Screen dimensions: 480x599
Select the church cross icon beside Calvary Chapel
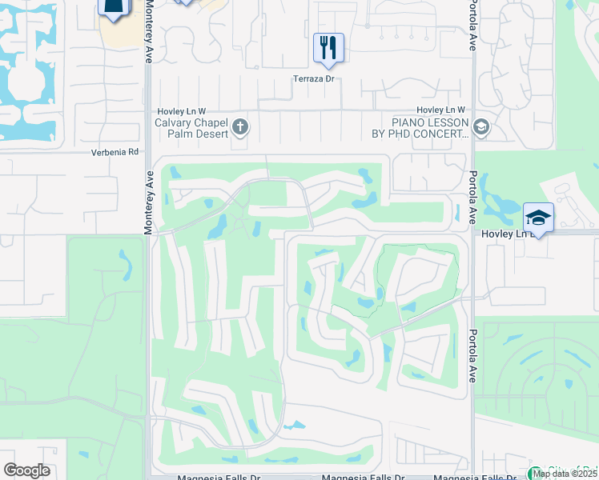coord(240,126)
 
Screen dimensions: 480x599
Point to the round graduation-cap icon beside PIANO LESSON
coord(480,126)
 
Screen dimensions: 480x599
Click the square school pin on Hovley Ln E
coord(539,218)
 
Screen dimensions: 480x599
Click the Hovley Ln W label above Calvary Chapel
coord(181,110)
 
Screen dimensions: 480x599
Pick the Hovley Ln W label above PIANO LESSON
coord(440,110)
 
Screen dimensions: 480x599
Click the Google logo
coord(26,470)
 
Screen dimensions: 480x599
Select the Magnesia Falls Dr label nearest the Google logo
coord(207,478)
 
